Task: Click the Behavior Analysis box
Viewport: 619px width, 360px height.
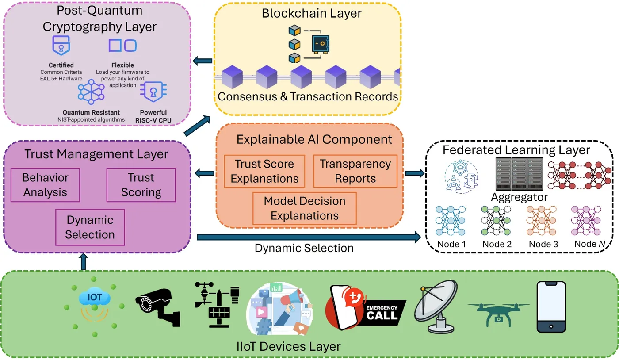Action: tap(46, 185)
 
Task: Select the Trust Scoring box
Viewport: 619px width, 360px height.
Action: tap(141, 185)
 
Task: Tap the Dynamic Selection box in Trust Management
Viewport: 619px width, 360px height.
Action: tap(90, 227)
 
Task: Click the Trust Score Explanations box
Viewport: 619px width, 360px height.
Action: tap(264, 171)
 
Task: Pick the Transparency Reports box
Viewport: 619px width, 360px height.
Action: tap(355, 171)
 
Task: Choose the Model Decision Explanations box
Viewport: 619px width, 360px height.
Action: tap(305, 208)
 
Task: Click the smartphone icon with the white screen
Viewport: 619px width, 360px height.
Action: tap(551, 306)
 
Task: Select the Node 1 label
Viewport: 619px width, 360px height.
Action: tap(451, 244)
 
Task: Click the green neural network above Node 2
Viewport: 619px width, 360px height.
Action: tap(496, 222)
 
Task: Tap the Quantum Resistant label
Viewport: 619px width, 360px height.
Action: tap(91, 112)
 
